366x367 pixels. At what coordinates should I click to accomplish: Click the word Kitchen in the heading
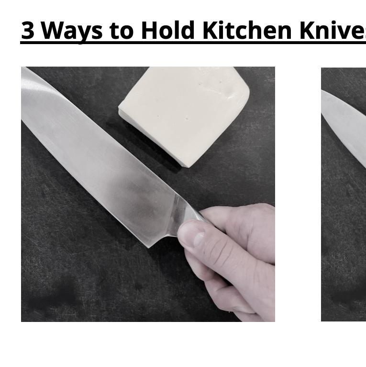[247, 30]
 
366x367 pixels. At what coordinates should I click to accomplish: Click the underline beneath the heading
[191, 43]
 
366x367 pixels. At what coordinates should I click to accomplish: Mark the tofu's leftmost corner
[120, 112]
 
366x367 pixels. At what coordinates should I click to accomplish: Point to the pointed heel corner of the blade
[150, 247]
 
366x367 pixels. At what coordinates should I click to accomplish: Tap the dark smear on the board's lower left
[53, 297]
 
